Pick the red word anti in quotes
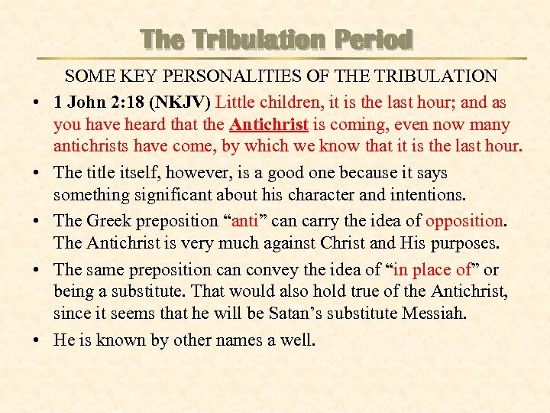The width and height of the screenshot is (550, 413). point(244,221)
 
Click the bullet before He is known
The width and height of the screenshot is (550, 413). point(37,340)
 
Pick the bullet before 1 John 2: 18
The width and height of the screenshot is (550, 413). point(37,102)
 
